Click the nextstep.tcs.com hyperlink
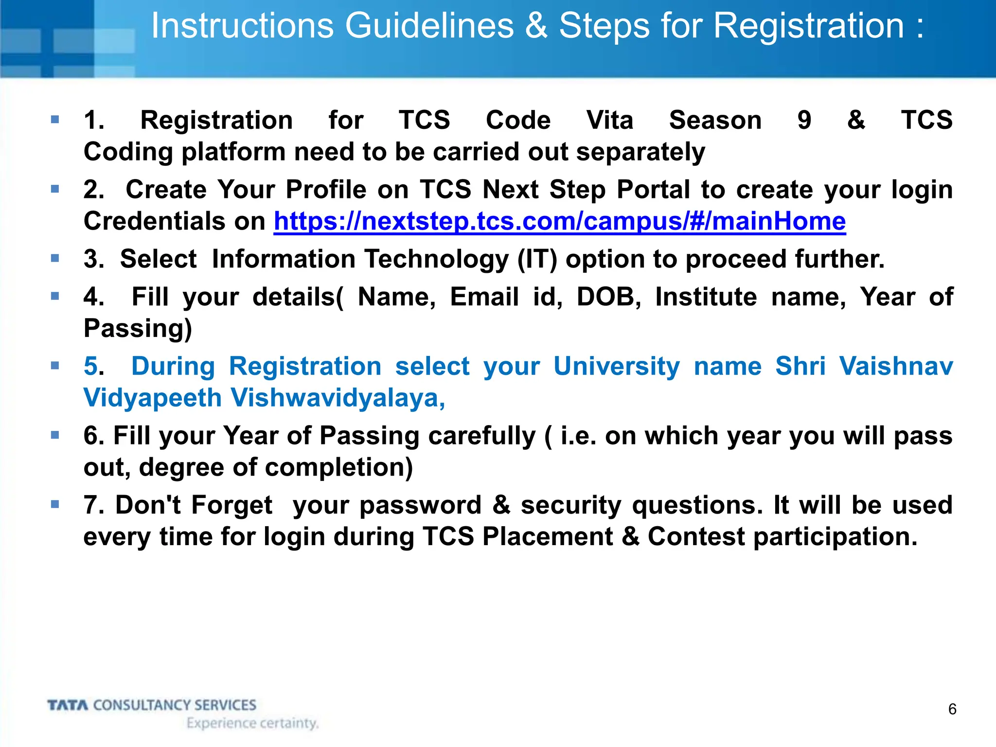coord(559,222)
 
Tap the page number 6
coord(952,709)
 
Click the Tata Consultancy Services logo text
coord(152,705)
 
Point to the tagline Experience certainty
coord(252,723)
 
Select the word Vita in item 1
coord(610,120)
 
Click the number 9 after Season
coord(804,120)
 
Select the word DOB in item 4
coord(608,297)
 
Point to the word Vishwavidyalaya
coord(338,398)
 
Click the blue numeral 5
coord(91,366)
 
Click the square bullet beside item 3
coord(55,258)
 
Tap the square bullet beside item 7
coord(55,504)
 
